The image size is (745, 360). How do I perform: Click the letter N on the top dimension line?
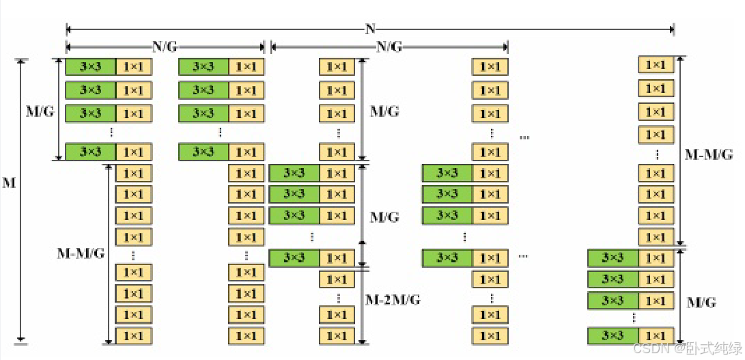pyautogui.click(x=370, y=29)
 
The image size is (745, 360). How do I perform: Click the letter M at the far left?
pyautogui.click(x=9, y=184)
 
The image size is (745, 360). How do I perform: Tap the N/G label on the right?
pyautogui.click(x=389, y=47)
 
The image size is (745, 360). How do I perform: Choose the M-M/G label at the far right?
pyautogui.click(x=708, y=154)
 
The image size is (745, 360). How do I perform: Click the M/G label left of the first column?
pyautogui.click(x=39, y=111)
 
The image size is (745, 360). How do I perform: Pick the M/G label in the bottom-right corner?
pyautogui.click(x=701, y=302)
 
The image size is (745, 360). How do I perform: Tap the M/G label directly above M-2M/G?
pyautogui.click(x=384, y=217)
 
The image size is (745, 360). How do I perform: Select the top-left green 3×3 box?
pyautogui.click(x=90, y=67)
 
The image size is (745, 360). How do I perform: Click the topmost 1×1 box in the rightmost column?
pyautogui.click(x=656, y=65)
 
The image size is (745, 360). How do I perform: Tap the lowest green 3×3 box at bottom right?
pyautogui.click(x=613, y=335)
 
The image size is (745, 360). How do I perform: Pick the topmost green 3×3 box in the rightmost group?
pyautogui.click(x=613, y=258)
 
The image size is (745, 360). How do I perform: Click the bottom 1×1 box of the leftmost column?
pyautogui.click(x=133, y=336)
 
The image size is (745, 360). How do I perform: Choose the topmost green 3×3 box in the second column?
pyautogui.click(x=203, y=67)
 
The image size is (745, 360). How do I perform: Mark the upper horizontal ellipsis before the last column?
pyautogui.click(x=524, y=137)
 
